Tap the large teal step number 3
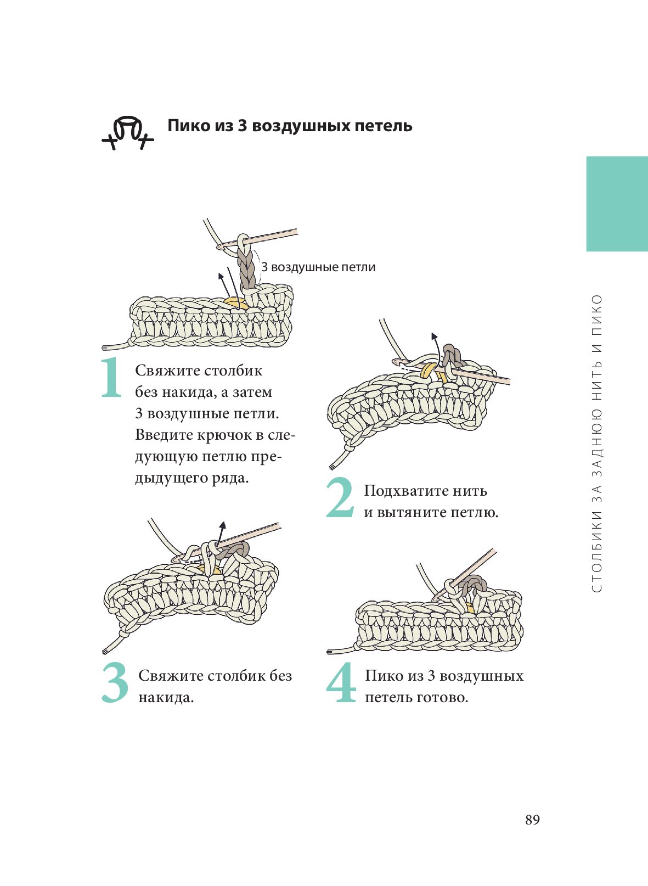115,683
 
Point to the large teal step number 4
341,683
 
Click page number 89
532,820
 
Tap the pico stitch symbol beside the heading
128,133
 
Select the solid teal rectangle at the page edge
617,204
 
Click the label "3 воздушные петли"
318,267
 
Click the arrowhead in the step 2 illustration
434,336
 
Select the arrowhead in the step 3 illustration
223,525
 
